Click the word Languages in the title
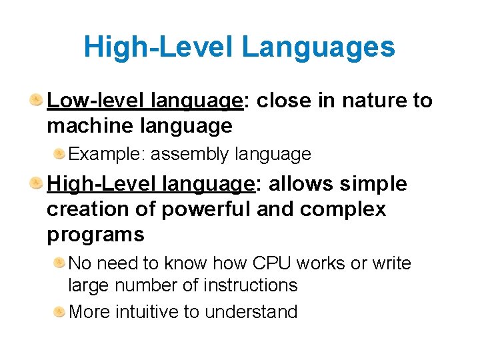click(x=318, y=48)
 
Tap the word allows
click(x=299, y=184)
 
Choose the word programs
click(x=95, y=235)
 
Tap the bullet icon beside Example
click(x=59, y=155)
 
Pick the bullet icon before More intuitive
click(x=59, y=311)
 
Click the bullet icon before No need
click(x=59, y=263)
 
